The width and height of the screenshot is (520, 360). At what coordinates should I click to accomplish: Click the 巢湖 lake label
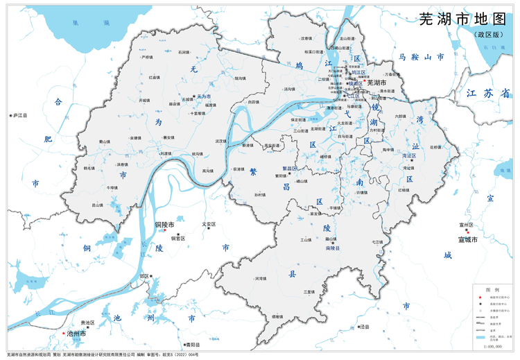click(76, 23)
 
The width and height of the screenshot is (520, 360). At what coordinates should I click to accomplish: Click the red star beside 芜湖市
click(365, 81)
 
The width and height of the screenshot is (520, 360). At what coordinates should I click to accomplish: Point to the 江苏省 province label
click(488, 92)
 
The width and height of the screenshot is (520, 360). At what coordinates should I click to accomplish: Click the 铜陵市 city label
click(164, 225)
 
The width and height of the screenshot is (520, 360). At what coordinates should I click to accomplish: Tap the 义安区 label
click(209, 224)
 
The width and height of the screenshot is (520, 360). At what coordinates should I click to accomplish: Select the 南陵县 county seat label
click(333, 248)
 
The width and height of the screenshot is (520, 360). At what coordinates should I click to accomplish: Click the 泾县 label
click(365, 326)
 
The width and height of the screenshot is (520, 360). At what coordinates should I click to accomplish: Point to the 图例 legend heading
click(492, 289)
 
